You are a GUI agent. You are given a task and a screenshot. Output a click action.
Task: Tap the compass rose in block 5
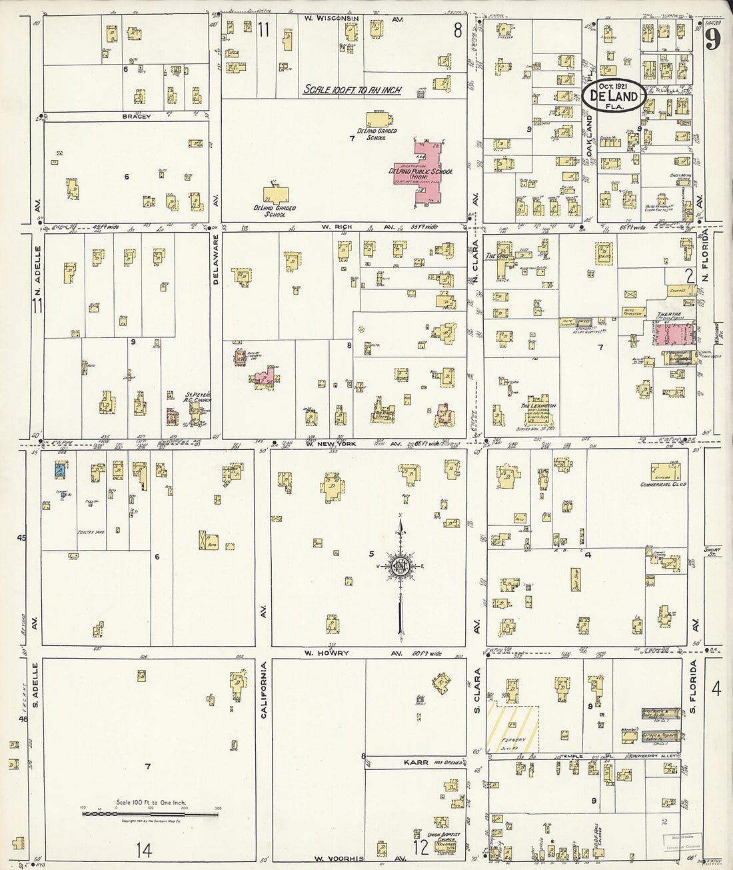[401, 567]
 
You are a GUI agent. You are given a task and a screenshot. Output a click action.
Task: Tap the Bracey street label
[136, 117]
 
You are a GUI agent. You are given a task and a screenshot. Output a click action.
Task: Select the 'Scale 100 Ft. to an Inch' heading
[352, 89]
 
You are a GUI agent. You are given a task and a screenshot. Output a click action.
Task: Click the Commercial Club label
[663, 485]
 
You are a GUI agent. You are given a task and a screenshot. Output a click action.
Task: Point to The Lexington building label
[538, 405]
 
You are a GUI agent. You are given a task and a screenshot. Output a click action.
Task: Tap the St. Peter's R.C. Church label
[198, 397]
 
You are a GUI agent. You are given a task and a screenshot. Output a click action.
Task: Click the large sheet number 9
[712, 40]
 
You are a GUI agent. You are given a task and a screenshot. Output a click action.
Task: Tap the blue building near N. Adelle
[60, 469]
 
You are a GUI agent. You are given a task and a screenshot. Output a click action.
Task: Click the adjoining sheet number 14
[143, 849]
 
